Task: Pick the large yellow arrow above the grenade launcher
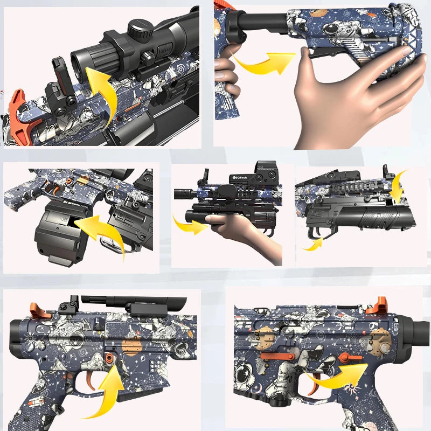399,186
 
